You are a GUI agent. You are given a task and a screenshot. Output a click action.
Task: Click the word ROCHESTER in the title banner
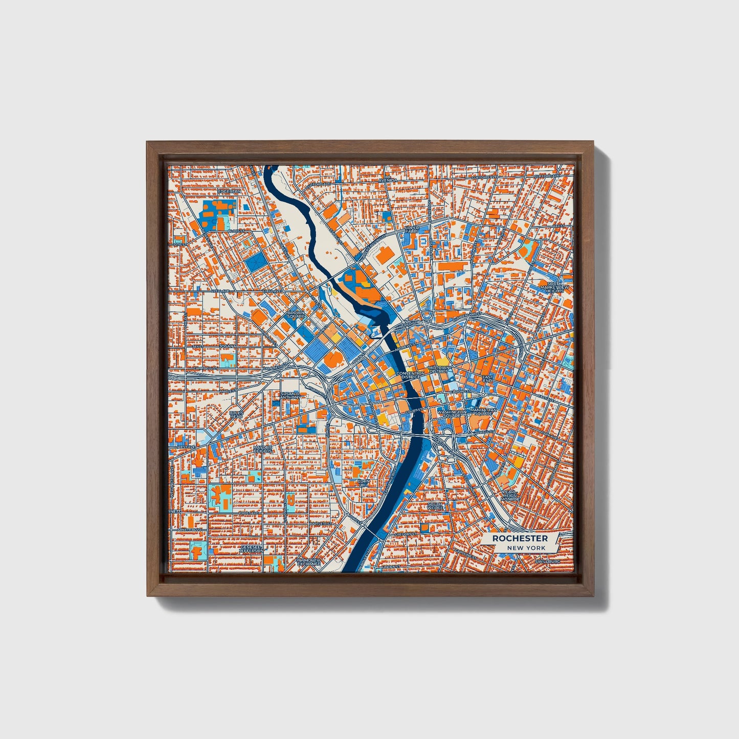pyautogui.click(x=520, y=539)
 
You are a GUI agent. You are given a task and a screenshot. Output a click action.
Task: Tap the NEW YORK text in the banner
pyautogui.click(x=526, y=548)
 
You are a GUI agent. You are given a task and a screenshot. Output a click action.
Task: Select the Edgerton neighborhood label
pyautogui.click(x=229, y=191)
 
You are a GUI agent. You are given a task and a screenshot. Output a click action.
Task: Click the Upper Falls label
pyautogui.click(x=412, y=229)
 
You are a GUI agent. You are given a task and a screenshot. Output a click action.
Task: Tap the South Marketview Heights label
pyautogui.click(x=555, y=287)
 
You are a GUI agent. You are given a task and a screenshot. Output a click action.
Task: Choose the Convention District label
pyautogui.click(x=410, y=375)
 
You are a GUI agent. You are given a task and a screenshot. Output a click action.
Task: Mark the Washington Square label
pyautogui.click(x=452, y=414)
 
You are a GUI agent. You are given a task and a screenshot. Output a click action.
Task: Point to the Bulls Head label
pyautogui.click(x=236, y=414)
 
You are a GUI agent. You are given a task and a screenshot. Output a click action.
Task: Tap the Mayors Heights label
pyautogui.click(x=263, y=450)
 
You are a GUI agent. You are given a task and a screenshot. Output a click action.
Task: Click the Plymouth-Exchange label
pyautogui.click(x=309, y=562)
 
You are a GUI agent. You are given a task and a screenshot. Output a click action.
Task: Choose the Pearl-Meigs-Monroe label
pyautogui.click(x=510, y=495)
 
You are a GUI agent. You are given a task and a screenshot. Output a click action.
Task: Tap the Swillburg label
pyautogui.click(x=548, y=561)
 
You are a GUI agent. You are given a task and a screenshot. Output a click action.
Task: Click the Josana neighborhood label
pyautogui.click(x=228, y=346)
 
